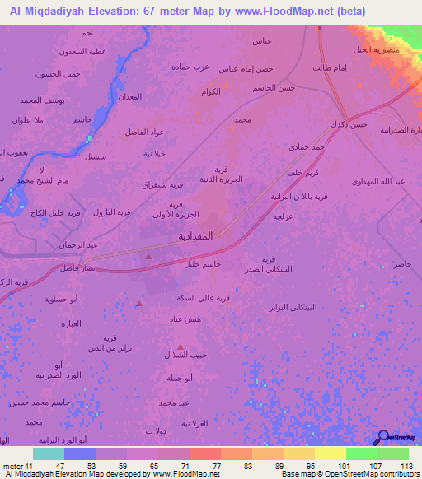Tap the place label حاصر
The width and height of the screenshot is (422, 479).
click(x=401, y=264)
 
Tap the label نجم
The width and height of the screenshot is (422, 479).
click(x=87, y=33)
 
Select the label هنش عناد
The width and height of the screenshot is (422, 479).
click(x=195, y=319)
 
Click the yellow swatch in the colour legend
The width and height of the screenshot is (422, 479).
click(x=330, y=453)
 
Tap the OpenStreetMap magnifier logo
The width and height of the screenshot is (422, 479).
click(x=382, y=439)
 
